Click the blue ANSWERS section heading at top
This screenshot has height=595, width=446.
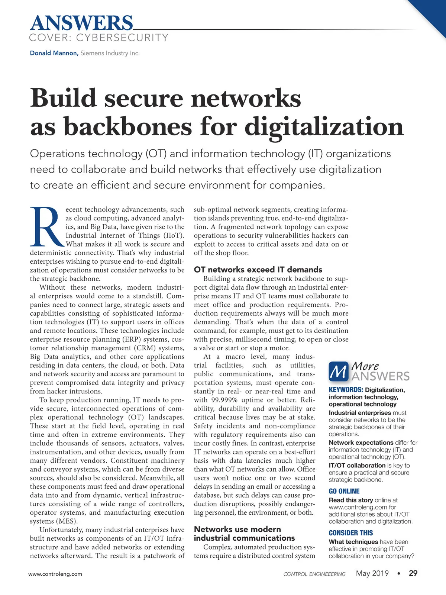81,23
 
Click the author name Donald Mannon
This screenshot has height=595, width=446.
54,53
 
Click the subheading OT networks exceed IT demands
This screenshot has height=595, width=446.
258,270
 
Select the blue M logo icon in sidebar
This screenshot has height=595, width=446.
339,371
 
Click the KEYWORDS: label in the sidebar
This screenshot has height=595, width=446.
346,390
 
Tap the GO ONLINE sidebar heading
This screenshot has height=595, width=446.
344,491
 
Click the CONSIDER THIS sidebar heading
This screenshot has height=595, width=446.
350,533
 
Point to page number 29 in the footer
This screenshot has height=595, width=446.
413,573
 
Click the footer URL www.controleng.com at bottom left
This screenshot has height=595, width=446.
55,574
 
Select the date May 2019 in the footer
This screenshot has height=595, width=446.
372,573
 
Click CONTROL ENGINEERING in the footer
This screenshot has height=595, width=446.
314,574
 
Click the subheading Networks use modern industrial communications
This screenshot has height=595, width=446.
244,534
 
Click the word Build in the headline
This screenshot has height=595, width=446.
63,99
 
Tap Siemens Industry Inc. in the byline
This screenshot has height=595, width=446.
110,53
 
